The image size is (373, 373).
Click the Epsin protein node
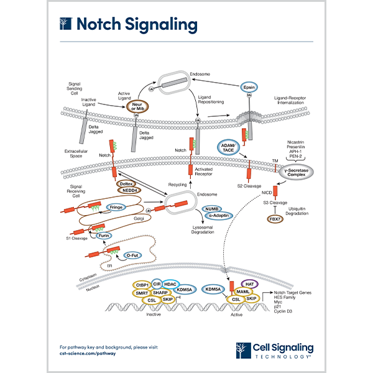[249, 89]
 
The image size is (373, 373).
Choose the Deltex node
[127, 184]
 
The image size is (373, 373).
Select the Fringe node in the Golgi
[116, 207]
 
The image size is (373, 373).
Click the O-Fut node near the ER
[131, 255]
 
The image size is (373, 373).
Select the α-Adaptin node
[216, 216]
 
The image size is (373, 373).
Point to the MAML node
[244, 292]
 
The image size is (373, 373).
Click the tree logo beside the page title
[65, 24]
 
